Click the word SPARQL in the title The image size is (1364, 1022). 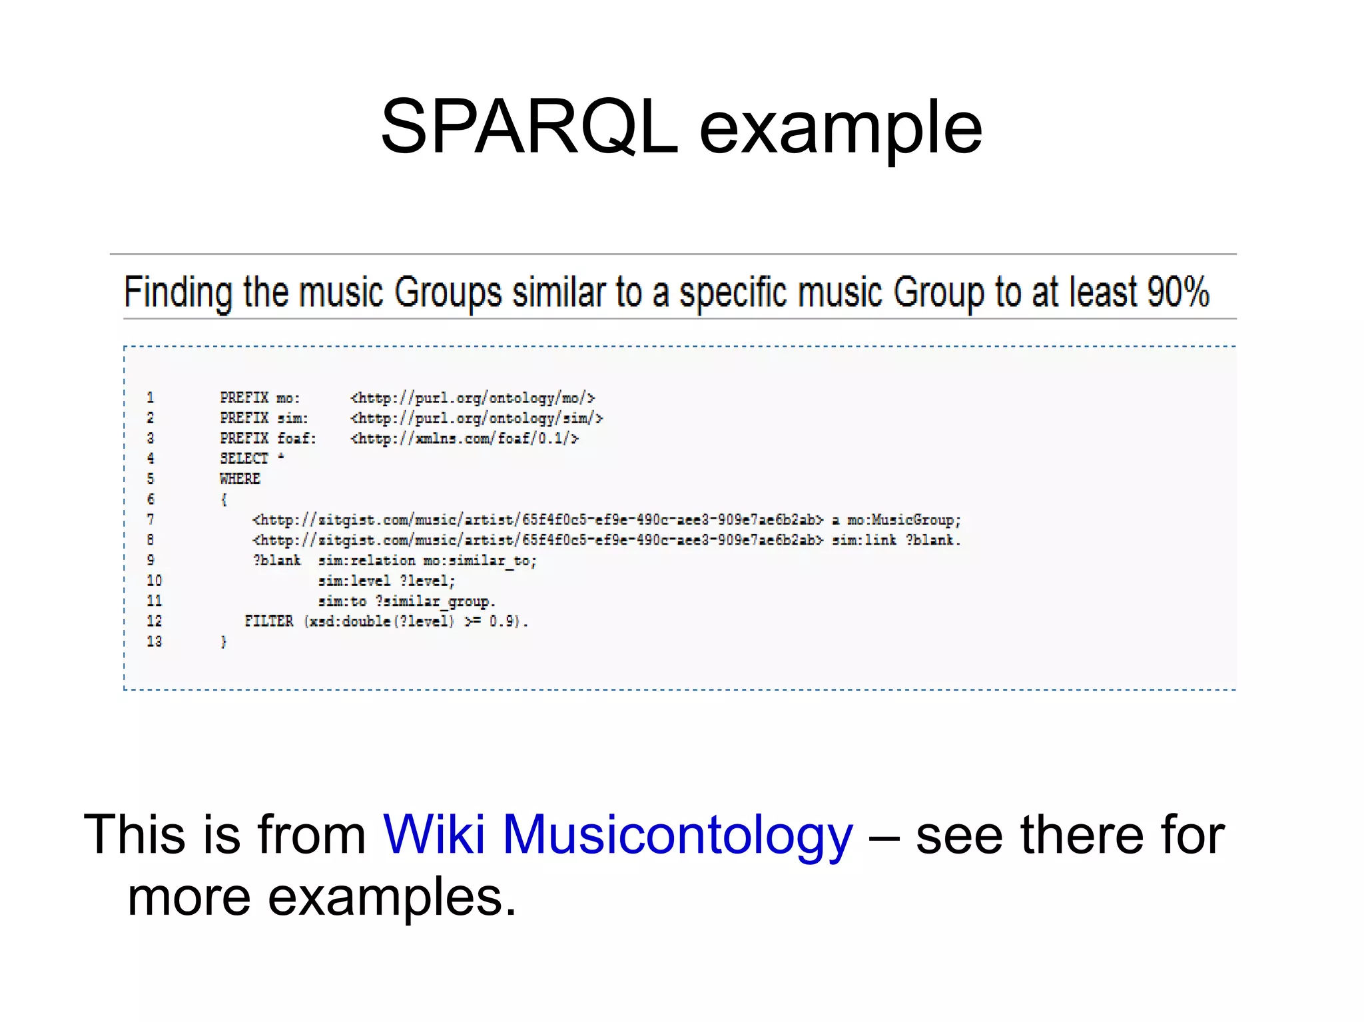(x=529, y=127)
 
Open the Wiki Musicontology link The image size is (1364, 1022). (x=617, y=834)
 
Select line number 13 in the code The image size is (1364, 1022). (x=154, y=641)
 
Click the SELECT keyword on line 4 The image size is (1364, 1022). (x=244, y=459)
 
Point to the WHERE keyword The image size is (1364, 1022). (x=240, y=479)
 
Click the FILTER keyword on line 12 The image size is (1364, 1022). (x=268, y=621)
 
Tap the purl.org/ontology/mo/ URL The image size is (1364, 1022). (x=472, y=398)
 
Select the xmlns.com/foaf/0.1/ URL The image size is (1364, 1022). (x=465, y=439)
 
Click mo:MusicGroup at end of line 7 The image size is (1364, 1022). (x=904, y=520)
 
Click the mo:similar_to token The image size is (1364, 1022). (x=480, y=561)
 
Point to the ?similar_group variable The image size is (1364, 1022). (x=435, y=601)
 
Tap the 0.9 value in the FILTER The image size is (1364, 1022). (x=501, y=621)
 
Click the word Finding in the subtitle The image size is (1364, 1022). (x=178, y=292)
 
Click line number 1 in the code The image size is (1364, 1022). (x=151, y=397)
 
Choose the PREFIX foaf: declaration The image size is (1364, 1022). (x=268, y=439)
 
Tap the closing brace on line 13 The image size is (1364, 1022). (x=224, y=642)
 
